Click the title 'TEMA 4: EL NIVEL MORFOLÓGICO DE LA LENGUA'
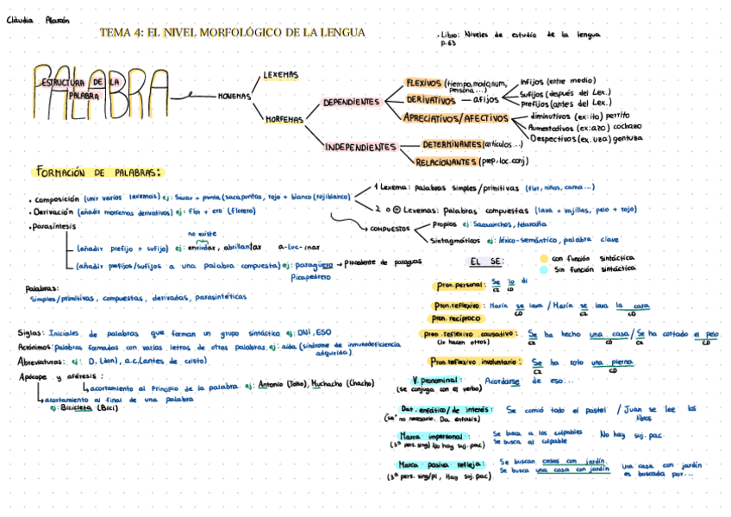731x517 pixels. pos(233,33)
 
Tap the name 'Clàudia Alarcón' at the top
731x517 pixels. pos(38,20)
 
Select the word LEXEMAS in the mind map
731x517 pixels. pos(280,75)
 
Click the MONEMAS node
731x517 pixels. pos(233,96)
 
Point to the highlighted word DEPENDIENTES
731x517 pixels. pos(351,102)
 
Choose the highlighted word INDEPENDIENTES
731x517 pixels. pos(359,148)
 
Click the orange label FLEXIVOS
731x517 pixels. pos(423,82)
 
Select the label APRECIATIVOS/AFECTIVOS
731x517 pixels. pos(456,117)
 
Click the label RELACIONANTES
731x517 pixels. pos(447,161)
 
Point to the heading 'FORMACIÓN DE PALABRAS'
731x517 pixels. pos(98,172)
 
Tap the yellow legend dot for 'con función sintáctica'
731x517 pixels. pos(543,257)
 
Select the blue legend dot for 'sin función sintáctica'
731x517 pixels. pos(543,269)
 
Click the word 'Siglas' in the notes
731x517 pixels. pos(31,332)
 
